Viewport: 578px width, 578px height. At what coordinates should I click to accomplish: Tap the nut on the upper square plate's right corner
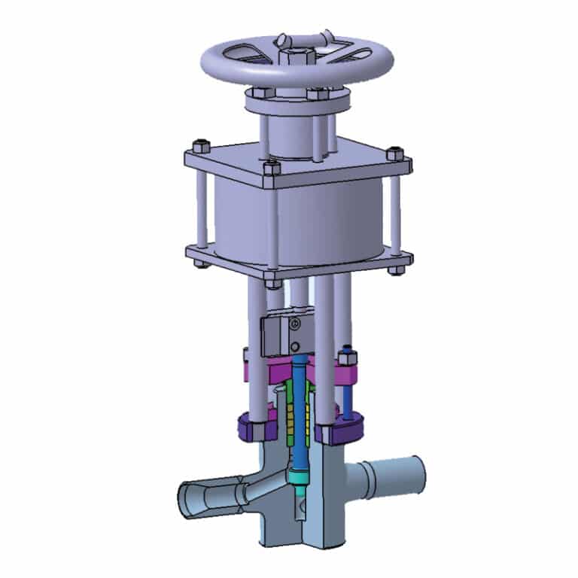[x=394, y=154]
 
